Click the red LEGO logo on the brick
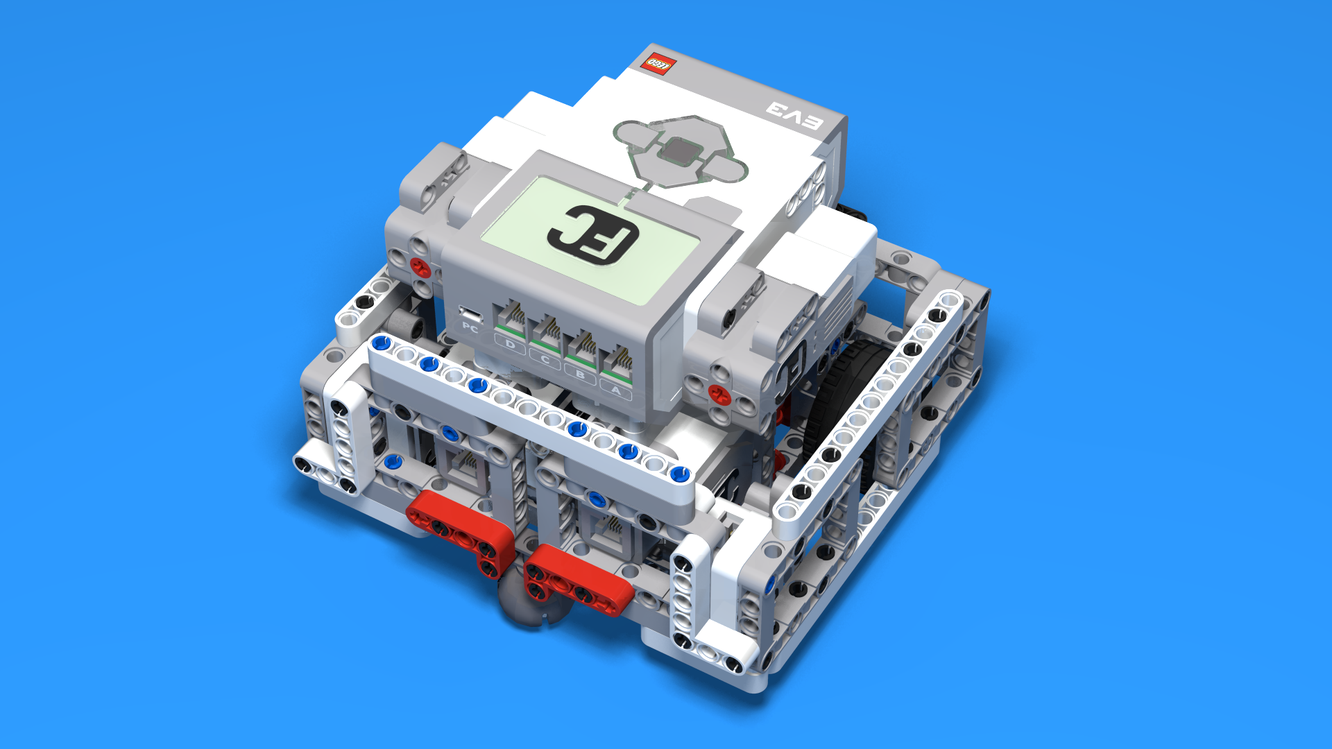658,64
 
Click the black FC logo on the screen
593,234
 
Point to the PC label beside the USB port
470,327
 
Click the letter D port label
510,344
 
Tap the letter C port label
545,360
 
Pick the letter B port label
580,375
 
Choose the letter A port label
615,391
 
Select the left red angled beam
461,531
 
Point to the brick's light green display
590,239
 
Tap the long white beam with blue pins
527,409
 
